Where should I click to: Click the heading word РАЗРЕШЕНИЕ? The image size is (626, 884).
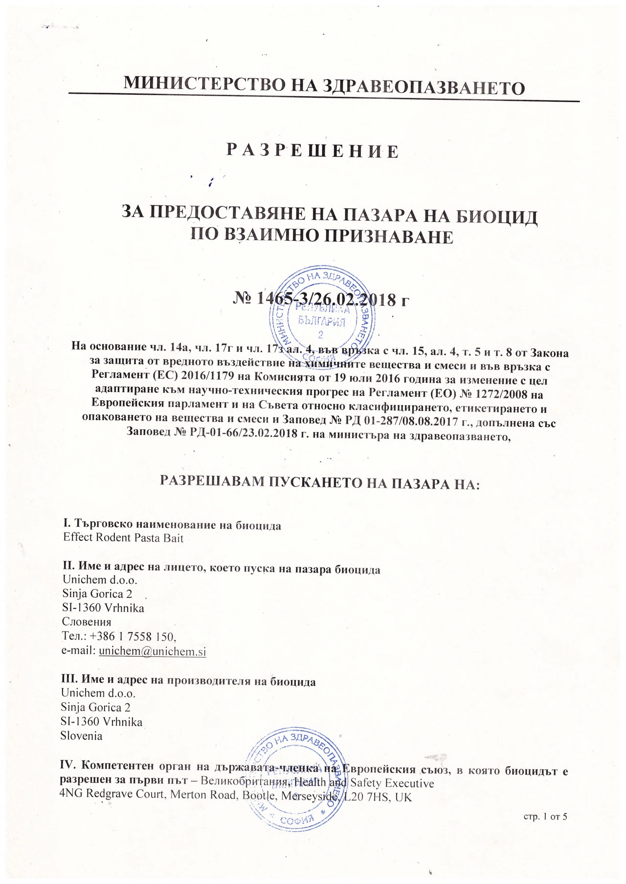pyautogui.click(x=313, y=151)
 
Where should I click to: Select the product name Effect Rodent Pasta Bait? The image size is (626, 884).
pyautogui.click(x=123, y=538)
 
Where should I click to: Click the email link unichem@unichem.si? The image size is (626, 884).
pyautogui.click(x=152, y=651)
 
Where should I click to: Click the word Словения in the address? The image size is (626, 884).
pyautogui.click(x=87, y=622)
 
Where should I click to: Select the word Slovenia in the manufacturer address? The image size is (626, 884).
pyautogui.click(x=81, y=736)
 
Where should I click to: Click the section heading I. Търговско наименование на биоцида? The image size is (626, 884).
pyautogui.click(x=172, y=525)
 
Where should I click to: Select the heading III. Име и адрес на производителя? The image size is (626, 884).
pyautogui.click(x=188, y=682)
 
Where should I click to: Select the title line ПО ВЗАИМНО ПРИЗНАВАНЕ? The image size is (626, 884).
pyautogui.click(x=321, y=237)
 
